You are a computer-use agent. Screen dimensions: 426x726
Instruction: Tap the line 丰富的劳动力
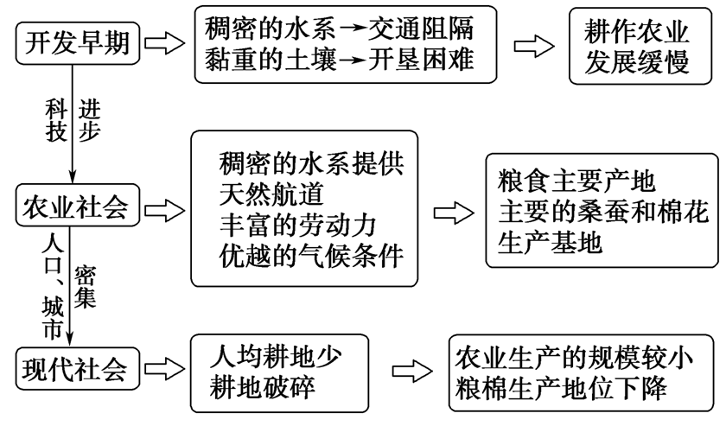[296, 223]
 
